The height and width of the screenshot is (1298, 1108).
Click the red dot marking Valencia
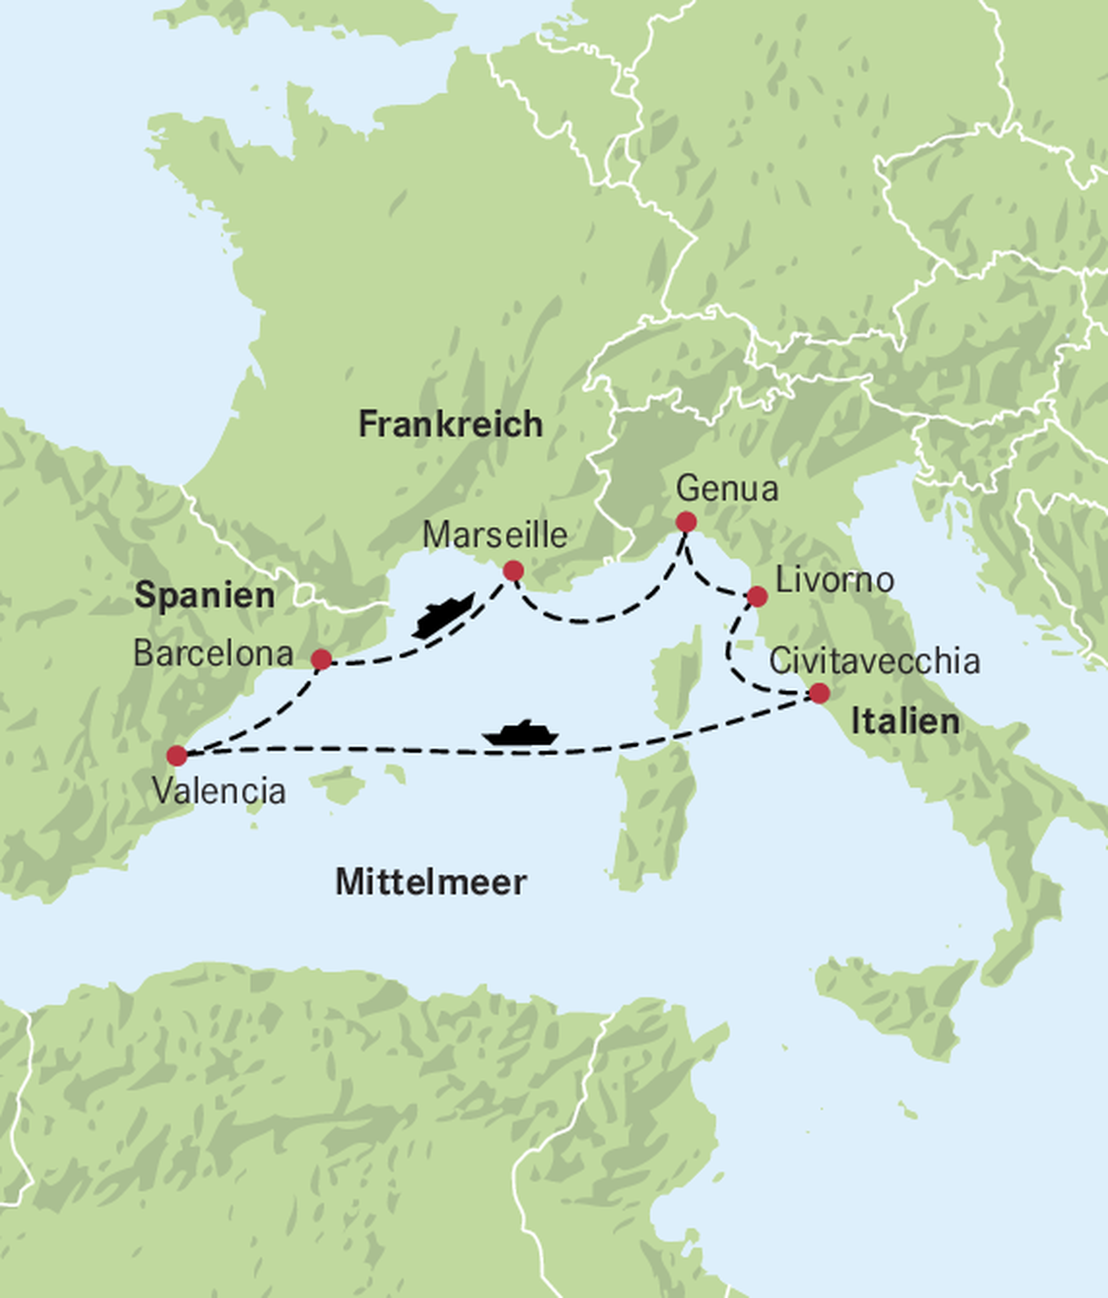click(177, 755)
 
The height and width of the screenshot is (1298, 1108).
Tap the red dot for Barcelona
click(321, 659)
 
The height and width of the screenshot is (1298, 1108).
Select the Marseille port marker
click(513, 571)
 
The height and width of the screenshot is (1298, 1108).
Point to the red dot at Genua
click(686, 522)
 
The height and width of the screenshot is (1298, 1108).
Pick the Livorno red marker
click(757, 596)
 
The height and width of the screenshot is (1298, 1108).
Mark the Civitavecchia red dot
click(819, 694)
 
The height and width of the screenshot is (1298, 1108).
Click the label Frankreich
click(450, 424)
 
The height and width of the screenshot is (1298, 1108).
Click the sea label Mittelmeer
click(431, 882)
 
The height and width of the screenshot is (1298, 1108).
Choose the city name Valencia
click(219, 791)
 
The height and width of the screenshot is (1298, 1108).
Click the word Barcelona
click(213, 654)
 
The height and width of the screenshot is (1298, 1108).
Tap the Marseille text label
click(495, 536)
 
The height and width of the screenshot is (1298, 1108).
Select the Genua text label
click(727, 489)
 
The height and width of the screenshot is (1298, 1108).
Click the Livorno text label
click(834, 581)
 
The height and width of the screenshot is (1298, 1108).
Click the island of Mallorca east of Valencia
click(338, 783)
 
